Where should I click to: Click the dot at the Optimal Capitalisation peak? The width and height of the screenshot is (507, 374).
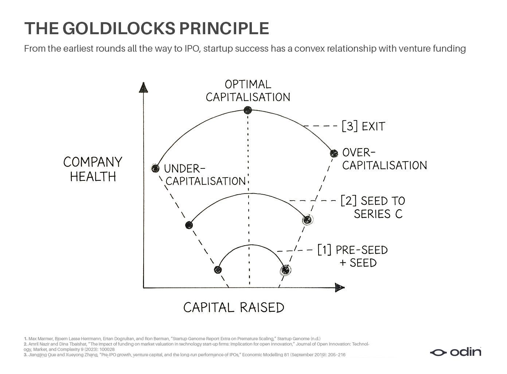[x=248, y=110]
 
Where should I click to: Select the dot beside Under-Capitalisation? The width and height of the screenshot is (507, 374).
[x=156, y=168]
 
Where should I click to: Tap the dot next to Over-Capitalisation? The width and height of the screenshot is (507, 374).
[x=334, y=153]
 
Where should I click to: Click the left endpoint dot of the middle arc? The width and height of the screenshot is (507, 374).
[x=189, y=225]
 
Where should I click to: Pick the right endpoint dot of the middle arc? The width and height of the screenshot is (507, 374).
[x=307, y=219]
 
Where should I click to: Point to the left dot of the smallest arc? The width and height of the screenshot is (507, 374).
[x=218, y=270]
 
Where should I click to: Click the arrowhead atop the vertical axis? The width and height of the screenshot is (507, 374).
[x=144, y=87]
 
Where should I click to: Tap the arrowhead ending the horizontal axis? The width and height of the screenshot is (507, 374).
[x=340, y=288]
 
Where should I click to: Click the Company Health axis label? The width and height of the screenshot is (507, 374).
[x=93, y=169]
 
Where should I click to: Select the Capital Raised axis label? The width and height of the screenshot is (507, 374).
[x=234, y=308]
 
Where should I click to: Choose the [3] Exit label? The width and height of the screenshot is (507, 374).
[x=363, y=127]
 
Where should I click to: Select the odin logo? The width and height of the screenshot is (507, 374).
[x=455, y=352]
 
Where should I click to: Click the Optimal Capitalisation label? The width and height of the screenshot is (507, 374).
[x=248, y=91]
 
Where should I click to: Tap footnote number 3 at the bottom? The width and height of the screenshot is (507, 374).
[x=25, y=355]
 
